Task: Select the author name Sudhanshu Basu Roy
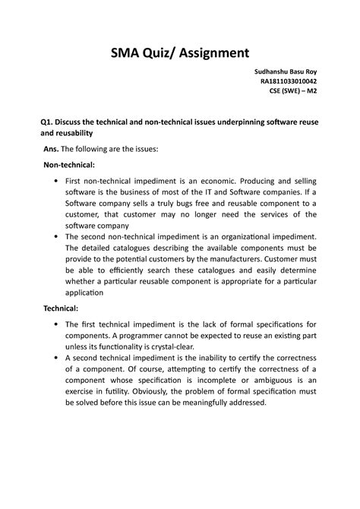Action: (286, 73)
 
